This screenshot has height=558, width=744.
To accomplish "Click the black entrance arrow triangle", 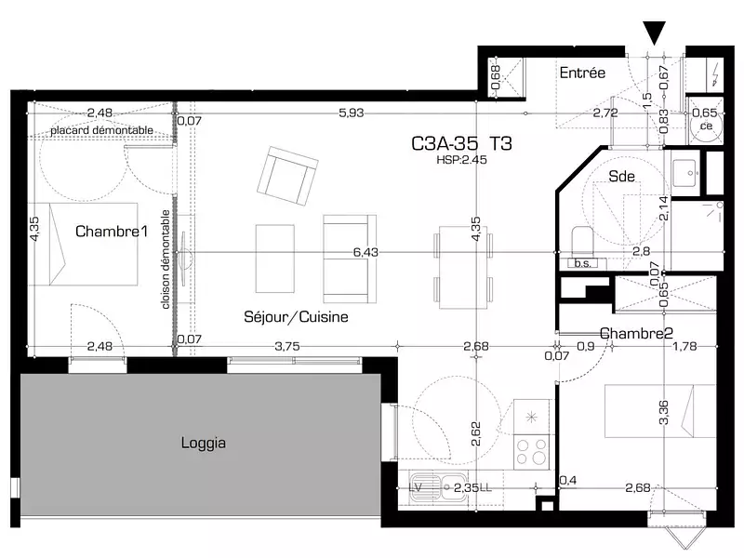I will coord(655,33).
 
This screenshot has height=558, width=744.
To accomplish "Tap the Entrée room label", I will coord(582,73).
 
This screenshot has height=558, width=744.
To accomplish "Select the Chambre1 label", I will coord(112,232).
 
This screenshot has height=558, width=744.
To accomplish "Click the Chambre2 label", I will coord(636,333).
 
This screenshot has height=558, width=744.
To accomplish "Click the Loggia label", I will coord(203,444).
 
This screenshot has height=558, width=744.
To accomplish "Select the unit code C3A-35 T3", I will coord(461,144).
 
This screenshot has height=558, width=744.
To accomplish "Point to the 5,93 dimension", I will coord(351,113).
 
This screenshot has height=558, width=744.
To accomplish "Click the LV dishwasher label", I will coord(418,485).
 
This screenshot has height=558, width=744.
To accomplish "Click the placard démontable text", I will coord(96,130).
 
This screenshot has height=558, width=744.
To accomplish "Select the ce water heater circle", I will coord(705,123).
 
